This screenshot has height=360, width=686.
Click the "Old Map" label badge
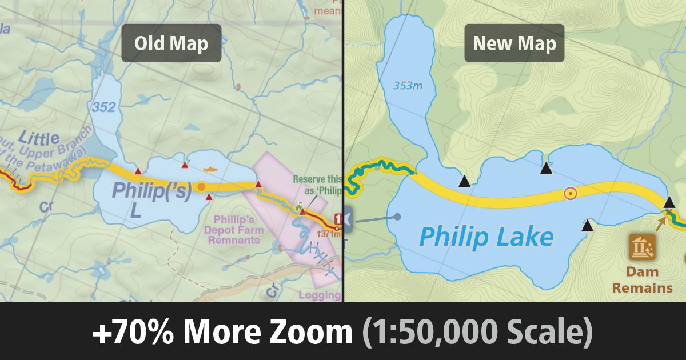tap(171, 43)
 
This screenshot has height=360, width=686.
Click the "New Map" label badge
tap(514, 43)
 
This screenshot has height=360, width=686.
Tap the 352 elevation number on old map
tap(103, 106)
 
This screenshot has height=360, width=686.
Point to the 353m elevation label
tap(408, 86)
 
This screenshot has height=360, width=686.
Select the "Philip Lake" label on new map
tap(486, 236)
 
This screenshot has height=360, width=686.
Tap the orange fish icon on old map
tap(211, 170)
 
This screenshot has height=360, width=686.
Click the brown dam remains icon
tap(643, 247)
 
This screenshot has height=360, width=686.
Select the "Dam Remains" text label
tap(642, 279)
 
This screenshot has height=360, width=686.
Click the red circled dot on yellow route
tap(570, 193)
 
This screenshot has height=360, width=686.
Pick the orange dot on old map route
tap(201, 186)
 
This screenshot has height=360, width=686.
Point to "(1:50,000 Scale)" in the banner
tap(477, 332)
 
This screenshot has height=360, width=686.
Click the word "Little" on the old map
tap(39, 138)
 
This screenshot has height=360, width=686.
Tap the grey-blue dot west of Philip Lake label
tap(397, 217)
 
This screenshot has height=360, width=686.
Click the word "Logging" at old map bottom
tap(318, 295)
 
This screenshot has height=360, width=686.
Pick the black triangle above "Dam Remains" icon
tap(669, 202)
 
